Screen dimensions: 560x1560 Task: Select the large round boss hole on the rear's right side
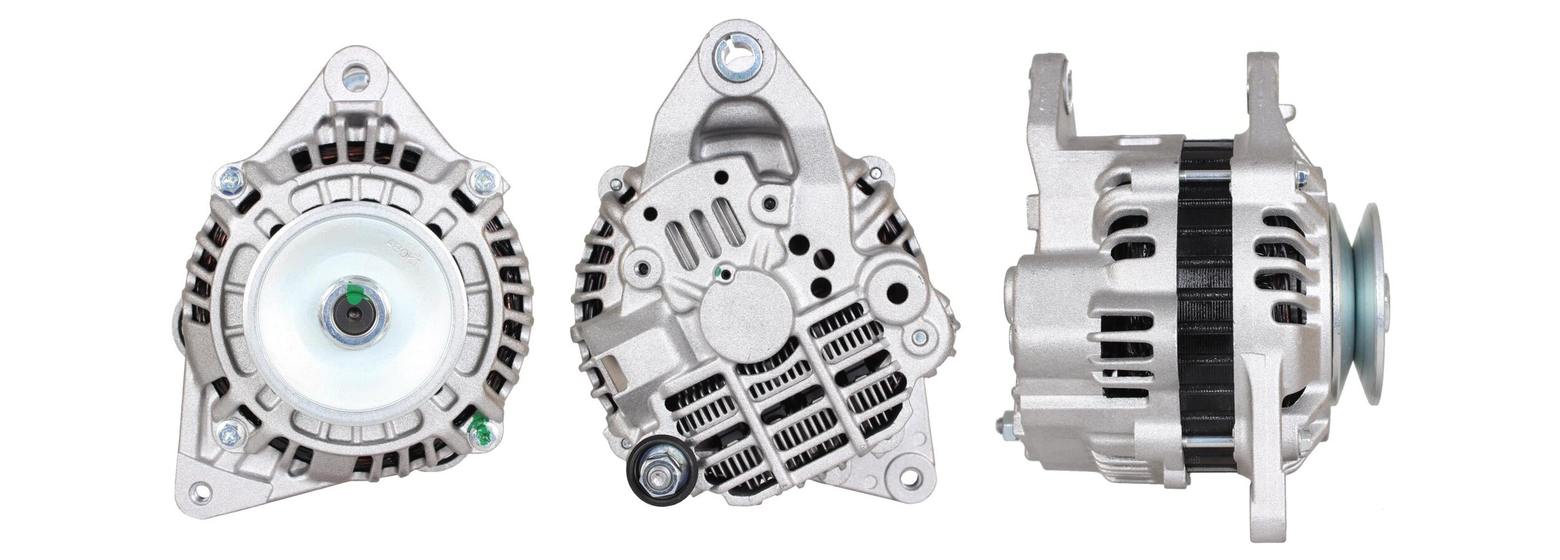897,291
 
